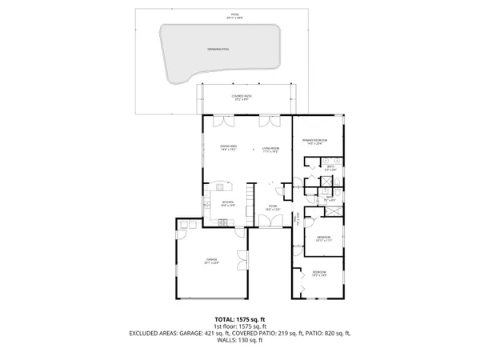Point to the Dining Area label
coord(229,148)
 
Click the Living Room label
coord(270,149)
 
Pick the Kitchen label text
coord(227,204)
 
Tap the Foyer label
coord(272,208)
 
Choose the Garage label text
coord(212,261)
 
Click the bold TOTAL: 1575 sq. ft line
coord(239,319)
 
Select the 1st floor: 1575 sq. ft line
coord(239,326)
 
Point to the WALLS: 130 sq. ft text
coord(239,341)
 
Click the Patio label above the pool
coord(234,15)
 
